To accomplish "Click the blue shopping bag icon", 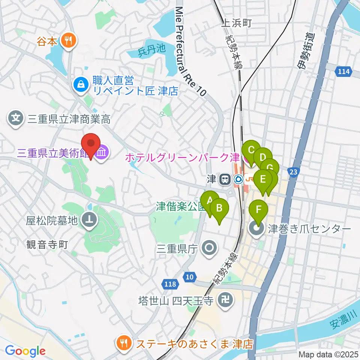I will click(x=81, y=85).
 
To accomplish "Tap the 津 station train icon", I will click(x=225, y=179).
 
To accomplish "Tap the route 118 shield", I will click(x=170, y=284).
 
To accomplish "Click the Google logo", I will click(x=25, y=351).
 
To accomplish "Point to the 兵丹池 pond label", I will click(x=151, y=49).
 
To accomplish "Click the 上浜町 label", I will click(x=236, y=23).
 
